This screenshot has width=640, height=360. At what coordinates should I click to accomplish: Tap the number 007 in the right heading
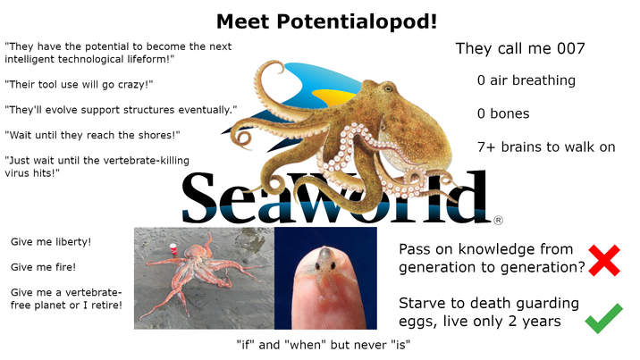click(x=563, y=49)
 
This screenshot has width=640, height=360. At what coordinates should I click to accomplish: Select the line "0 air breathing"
click(x=526, y=80)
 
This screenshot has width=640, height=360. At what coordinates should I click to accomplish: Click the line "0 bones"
click(x=503, y=113)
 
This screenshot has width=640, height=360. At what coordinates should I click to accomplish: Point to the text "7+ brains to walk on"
click(x=546, y=147)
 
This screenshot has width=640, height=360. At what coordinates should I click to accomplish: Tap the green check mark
click(x=604, y=316)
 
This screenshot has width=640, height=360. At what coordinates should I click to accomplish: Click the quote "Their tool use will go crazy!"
click(x=79, y=85)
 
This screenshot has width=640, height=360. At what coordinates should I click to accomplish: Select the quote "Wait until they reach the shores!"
click(x=92, y=135)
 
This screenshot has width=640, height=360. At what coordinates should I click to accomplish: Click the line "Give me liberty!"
click(x=51, y=242)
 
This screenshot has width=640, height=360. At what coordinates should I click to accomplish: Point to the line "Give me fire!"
click(x=43, y=266)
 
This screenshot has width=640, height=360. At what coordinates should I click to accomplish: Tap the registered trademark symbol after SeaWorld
click(x=498, y=219)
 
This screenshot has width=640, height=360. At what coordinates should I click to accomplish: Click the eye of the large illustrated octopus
click(x=388, y=89)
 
